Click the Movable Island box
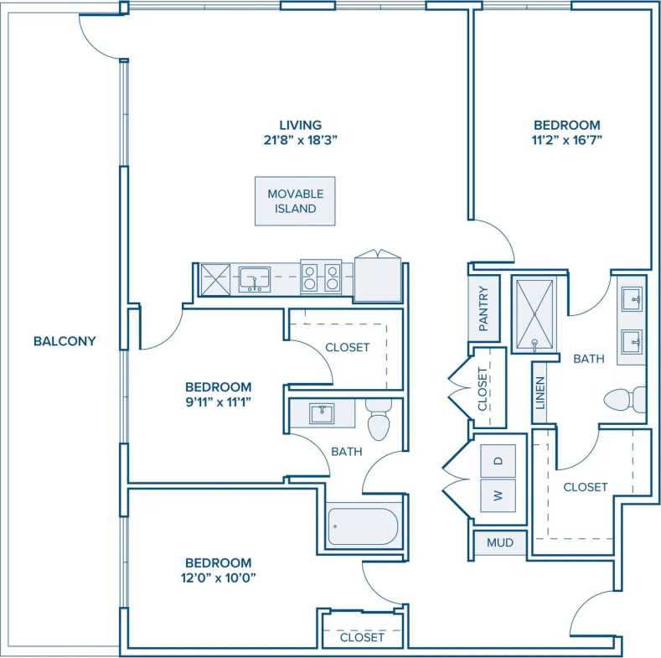295,201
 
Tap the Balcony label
65,341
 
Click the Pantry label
483,308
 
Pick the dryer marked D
498,460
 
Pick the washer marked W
498,495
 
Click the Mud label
498,543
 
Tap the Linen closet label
540,391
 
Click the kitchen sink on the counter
254,278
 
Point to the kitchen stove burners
321,277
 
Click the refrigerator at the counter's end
379,278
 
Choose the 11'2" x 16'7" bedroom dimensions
565,140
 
